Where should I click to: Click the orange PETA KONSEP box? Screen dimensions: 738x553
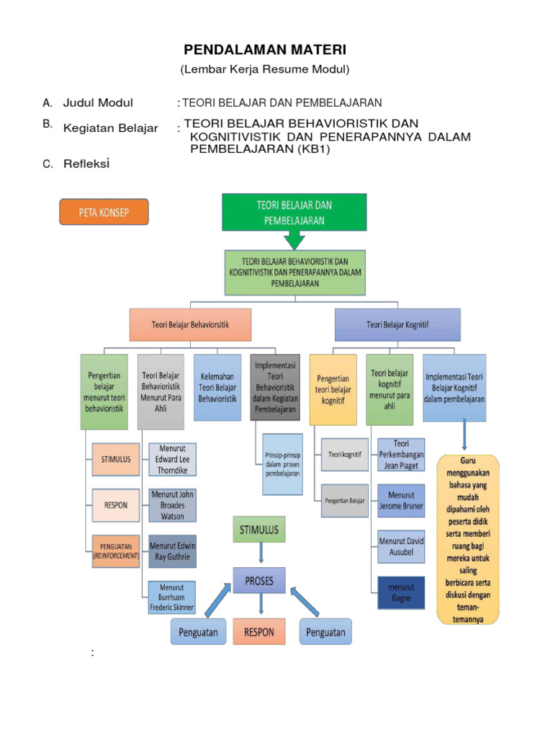pyautogui.click(x=104, y=213)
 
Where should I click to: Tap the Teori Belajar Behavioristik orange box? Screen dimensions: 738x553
pyautogui.click(x=190, y=325)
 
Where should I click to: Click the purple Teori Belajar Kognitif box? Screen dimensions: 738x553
pyautogui.click(x=397, y=325)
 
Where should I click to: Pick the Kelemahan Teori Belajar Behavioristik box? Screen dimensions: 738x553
pyautogui.click(x=217, y=386)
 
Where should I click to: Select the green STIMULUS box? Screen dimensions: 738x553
pyautogui.click(x=258, y=530)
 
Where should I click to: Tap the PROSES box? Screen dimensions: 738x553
pyautogui.click(x=258, y=580)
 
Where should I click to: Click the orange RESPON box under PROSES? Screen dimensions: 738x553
pyautogui.click(x=258, y=632)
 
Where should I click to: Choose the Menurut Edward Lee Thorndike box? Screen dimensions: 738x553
pyautogui.click(x=172, y=459)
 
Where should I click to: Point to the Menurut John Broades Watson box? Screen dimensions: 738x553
pyautogui.click(x=172, y=505)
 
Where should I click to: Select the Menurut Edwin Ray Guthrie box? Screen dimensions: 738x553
pyautogui.click(x=172, y=551)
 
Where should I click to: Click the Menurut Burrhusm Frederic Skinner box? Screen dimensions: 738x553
pyautogui.click(x=172, y=597)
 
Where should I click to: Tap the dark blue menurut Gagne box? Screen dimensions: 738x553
pyautogui.click(x=401, y=592)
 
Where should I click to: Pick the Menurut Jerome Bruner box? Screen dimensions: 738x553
pyautogui.click(x=401, y=500)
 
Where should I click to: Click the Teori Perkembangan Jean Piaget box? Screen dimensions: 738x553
pyautogui.click(x=401, y=454)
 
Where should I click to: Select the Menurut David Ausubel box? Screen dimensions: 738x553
pyautogui.click(x=401, y=546)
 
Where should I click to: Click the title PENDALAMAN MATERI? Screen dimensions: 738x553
pyautogui.click(x=265, y=50)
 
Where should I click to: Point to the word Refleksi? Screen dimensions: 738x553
pyautogui.click(x=86, y=164)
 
